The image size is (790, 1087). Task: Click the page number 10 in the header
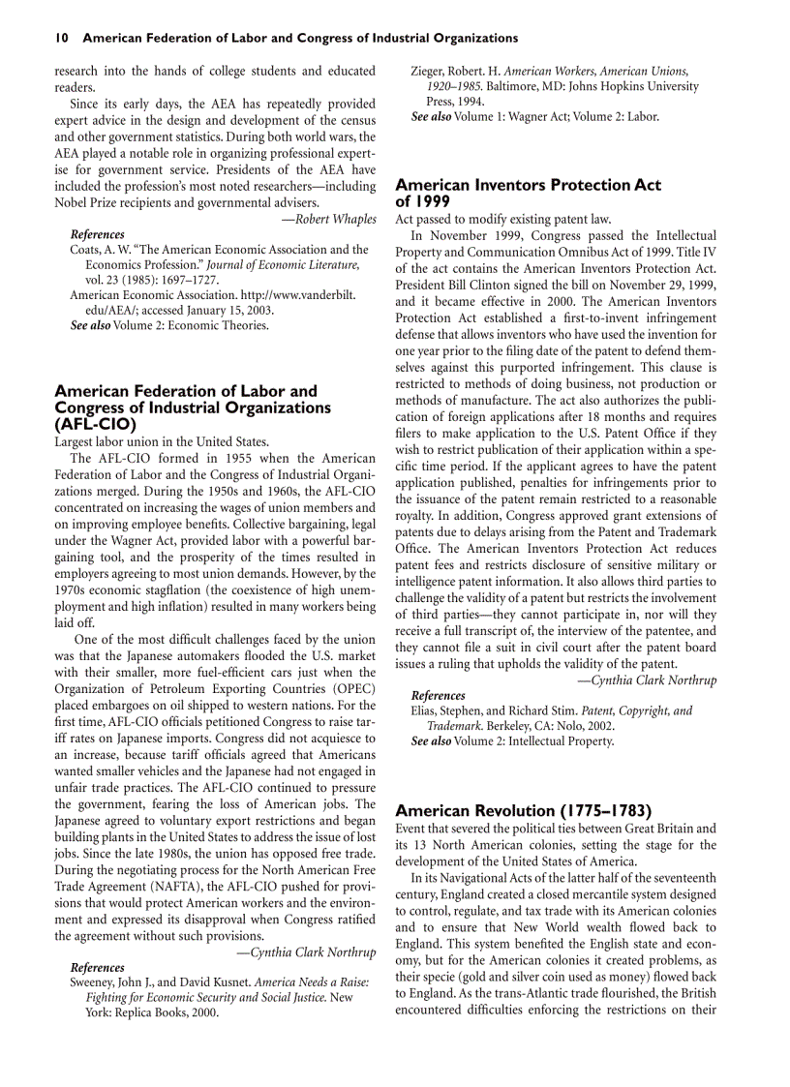[x=61, y=38]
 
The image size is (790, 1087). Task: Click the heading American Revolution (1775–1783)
[x=523, y=810]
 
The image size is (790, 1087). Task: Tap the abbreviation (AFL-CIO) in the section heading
[x=95, y=424]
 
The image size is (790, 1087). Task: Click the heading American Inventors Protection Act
[x=529, y=184]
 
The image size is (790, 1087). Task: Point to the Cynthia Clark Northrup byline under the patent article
[x=647, y=679]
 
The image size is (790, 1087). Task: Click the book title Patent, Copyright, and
[x=636, y=710]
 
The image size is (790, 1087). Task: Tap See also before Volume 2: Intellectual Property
[x=431, y=741]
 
